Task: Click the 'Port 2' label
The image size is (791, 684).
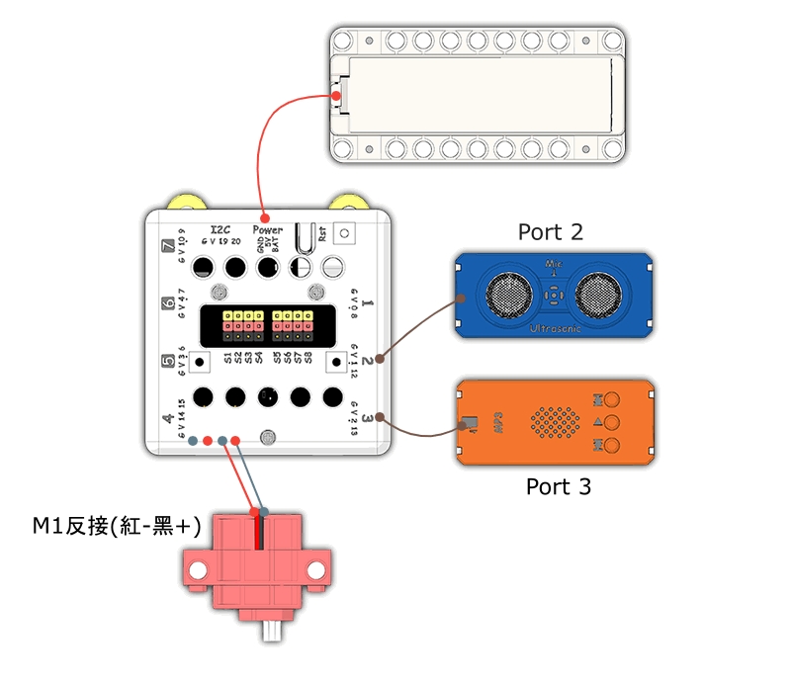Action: click(x=551, y=232)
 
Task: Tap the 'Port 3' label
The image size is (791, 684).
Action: click(x=559, y=486)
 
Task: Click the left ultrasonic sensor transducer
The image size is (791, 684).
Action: click(x=507, y=294)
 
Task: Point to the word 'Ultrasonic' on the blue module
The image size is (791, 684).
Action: click(x=556, y=326)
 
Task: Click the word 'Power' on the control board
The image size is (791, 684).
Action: click(x=267, y=229)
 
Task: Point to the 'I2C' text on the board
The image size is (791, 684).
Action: click(x=222, y=229)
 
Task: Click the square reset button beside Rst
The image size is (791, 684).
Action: click(x=345, y=233)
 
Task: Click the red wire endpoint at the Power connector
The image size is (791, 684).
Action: click(x=263, y=216)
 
